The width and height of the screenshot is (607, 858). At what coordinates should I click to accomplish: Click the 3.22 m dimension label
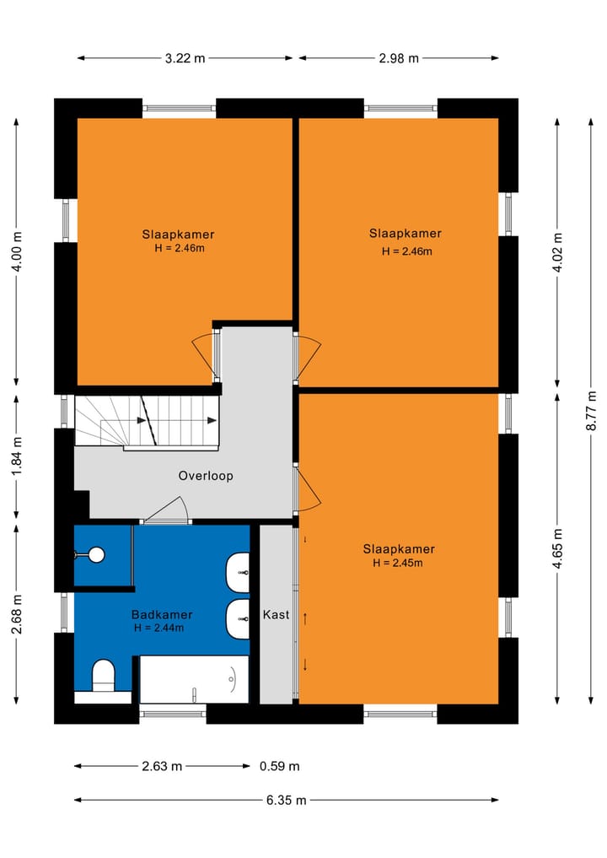[x=185, y=58]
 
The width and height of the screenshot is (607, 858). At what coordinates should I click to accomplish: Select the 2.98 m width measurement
[x=398, y=58]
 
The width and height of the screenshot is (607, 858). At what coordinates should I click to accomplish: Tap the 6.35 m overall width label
[x=286, y=801]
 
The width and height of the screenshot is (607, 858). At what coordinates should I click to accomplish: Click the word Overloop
[x=206, y=476]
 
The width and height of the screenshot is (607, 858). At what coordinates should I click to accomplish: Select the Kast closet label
[x=276, y=614]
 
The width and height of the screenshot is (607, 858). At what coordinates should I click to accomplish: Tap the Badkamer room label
[x=161, y=615]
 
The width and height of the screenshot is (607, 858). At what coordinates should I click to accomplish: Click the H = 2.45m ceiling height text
[x=399, y=563]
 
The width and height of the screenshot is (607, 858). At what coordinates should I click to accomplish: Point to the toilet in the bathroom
[x=103, y=676]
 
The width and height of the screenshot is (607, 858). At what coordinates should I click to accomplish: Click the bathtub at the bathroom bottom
[x=194, y=680]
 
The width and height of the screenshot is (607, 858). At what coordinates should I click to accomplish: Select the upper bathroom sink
[x=239, y=573]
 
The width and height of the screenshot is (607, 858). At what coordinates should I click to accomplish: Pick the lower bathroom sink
[x=239, y=619]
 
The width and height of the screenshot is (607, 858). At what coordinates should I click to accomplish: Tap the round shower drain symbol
[x=96, y=554]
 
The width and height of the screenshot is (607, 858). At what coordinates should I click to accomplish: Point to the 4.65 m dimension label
[x=557, y=548]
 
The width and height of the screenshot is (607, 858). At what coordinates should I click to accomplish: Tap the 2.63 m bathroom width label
[x=163, y=767]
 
